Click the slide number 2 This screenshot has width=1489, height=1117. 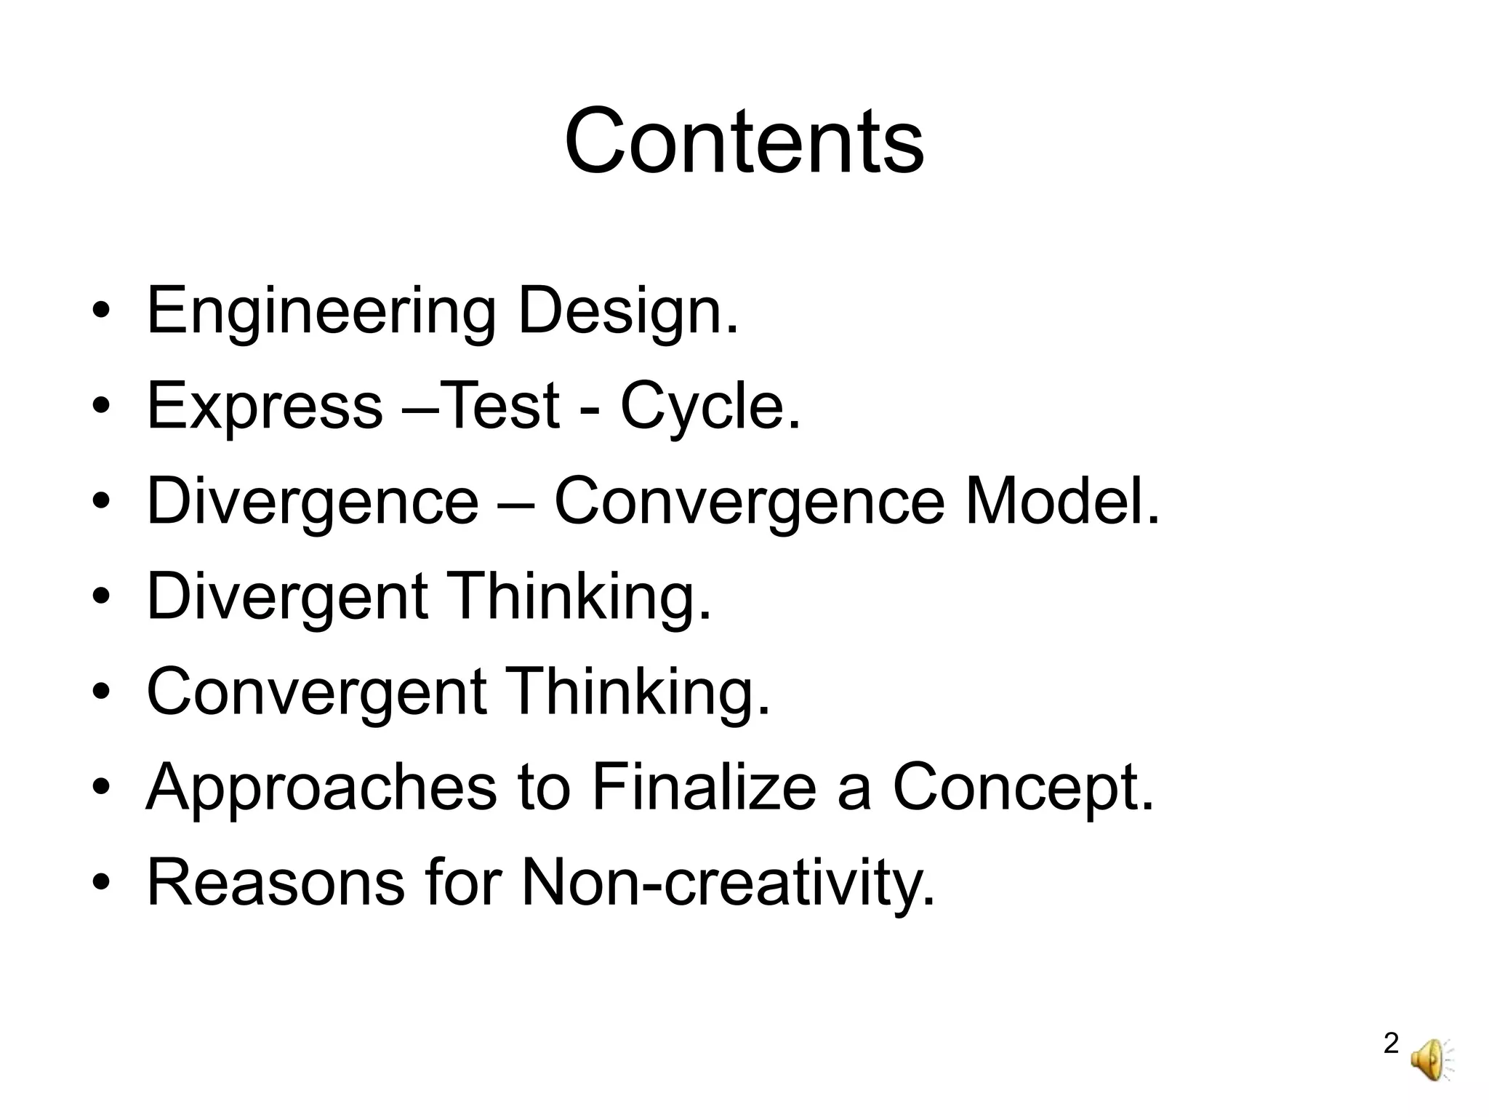pyautogui.click(x=1391, y=1044)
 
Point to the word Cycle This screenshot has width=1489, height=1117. pyautogui.click(x=710, y=407)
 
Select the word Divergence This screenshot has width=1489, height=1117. pyautogui.click(x=313, y=502)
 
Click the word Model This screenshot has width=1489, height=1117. pyautogui.click(x=1061, y=502)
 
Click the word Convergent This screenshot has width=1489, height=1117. pyautogui.click(x=316, y=692)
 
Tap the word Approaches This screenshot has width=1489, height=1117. pyautogui.click(x=321, y=788)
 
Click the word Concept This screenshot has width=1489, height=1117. pyautogui.click(x=1022, y=788)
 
